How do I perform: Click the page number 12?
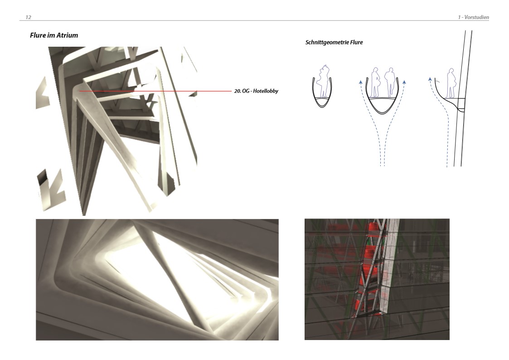(28, 17)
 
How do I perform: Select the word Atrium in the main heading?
(67, 35)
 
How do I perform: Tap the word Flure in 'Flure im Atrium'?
(37, 35)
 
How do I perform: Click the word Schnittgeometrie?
(326, 43)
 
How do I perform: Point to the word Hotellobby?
(266, 91)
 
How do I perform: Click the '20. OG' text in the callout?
(242, 91)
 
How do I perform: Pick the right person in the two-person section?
(389, 82)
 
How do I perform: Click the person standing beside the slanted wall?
(451, 83)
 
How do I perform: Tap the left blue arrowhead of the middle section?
(361, 82)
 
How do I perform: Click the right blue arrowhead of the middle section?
(404, 82)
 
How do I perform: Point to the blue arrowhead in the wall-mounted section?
(430, 78)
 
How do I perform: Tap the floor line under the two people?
(382, 98)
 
